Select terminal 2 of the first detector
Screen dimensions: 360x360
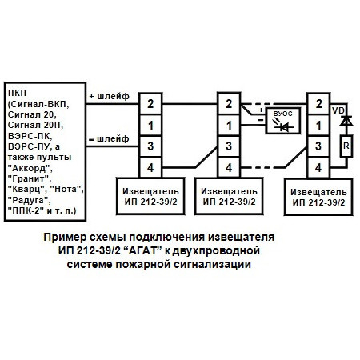(x=149, y=104)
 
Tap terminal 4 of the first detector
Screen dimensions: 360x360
(x=149, y=167)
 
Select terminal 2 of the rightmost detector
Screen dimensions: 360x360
(x=319, y=104)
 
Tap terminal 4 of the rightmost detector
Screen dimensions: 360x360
(x=319, y=167)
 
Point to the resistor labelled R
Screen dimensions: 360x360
(x=346, y=146)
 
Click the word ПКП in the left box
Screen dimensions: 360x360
(x=15, y=94)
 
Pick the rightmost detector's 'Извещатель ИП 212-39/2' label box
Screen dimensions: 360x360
(x=319, y=196)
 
